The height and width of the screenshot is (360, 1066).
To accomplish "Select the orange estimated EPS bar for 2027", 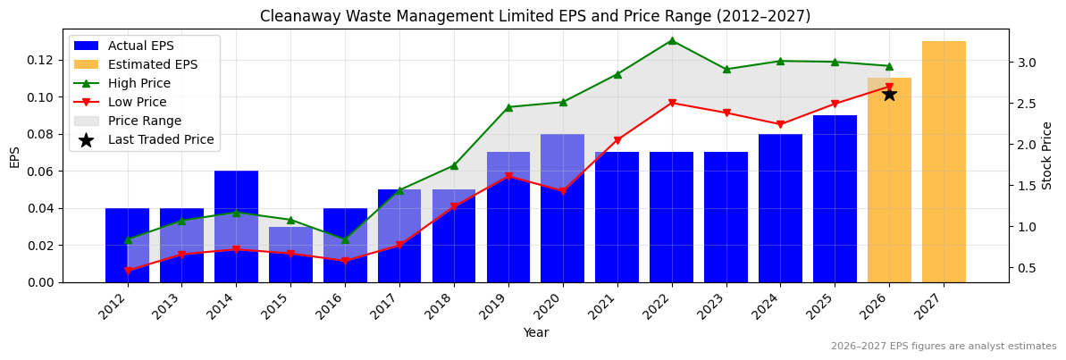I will pos(944,162).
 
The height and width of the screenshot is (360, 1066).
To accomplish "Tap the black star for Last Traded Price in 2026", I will pos(889,94).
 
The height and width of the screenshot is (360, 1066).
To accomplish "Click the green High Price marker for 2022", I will pos(672,40).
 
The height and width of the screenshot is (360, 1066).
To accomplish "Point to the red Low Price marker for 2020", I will pos(563,191).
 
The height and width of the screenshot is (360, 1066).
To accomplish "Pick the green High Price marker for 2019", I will pos(508,107).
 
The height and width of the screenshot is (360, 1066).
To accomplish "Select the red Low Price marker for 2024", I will pos(780,124).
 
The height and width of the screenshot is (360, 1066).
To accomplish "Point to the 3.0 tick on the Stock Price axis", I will pos(1025,63).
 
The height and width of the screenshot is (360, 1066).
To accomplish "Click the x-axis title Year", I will pos(536,333).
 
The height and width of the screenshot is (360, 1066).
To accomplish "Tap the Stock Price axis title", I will pos(1047,155).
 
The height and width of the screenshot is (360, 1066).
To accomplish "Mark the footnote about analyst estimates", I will pos(943,347).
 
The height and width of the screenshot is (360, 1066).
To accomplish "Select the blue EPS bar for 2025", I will pos(835,198).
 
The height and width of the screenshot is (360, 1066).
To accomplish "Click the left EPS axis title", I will pos(14,156).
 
